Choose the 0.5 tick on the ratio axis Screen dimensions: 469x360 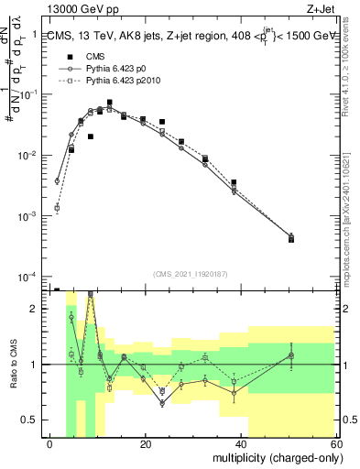tap(37, 420)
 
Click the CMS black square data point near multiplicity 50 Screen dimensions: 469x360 tap(290, 239)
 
